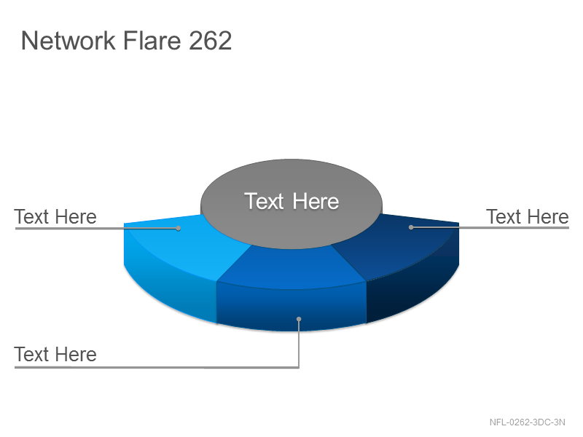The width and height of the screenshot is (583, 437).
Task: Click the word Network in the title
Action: pos(68,41)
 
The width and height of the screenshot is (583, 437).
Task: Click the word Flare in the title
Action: pos(152,40)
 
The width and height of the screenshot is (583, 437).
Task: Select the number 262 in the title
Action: pos(210,41)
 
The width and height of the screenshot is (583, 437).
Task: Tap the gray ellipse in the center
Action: pos(291,204)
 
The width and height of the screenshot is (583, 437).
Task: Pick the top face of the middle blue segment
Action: pos(292,267)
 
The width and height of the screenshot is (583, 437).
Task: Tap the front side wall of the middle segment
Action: pos(292,307)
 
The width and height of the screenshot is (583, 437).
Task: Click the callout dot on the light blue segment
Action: pos(179,228)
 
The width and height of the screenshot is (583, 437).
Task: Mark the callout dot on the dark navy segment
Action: pos(411,227)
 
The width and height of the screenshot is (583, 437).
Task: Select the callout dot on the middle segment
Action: pos(299,319)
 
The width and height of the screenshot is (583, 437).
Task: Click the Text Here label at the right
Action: pos(527,216)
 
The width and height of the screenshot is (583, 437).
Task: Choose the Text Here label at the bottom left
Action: pos(55,354)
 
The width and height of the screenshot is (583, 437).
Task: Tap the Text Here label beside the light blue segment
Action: pos(55,216)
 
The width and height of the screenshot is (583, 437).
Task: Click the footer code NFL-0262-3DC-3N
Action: pos(527,422)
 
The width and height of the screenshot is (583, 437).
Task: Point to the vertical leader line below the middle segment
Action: pos(299,343)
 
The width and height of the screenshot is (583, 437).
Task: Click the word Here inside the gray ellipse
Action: pos(316,202)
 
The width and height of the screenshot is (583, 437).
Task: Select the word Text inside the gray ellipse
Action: pos(265,202)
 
